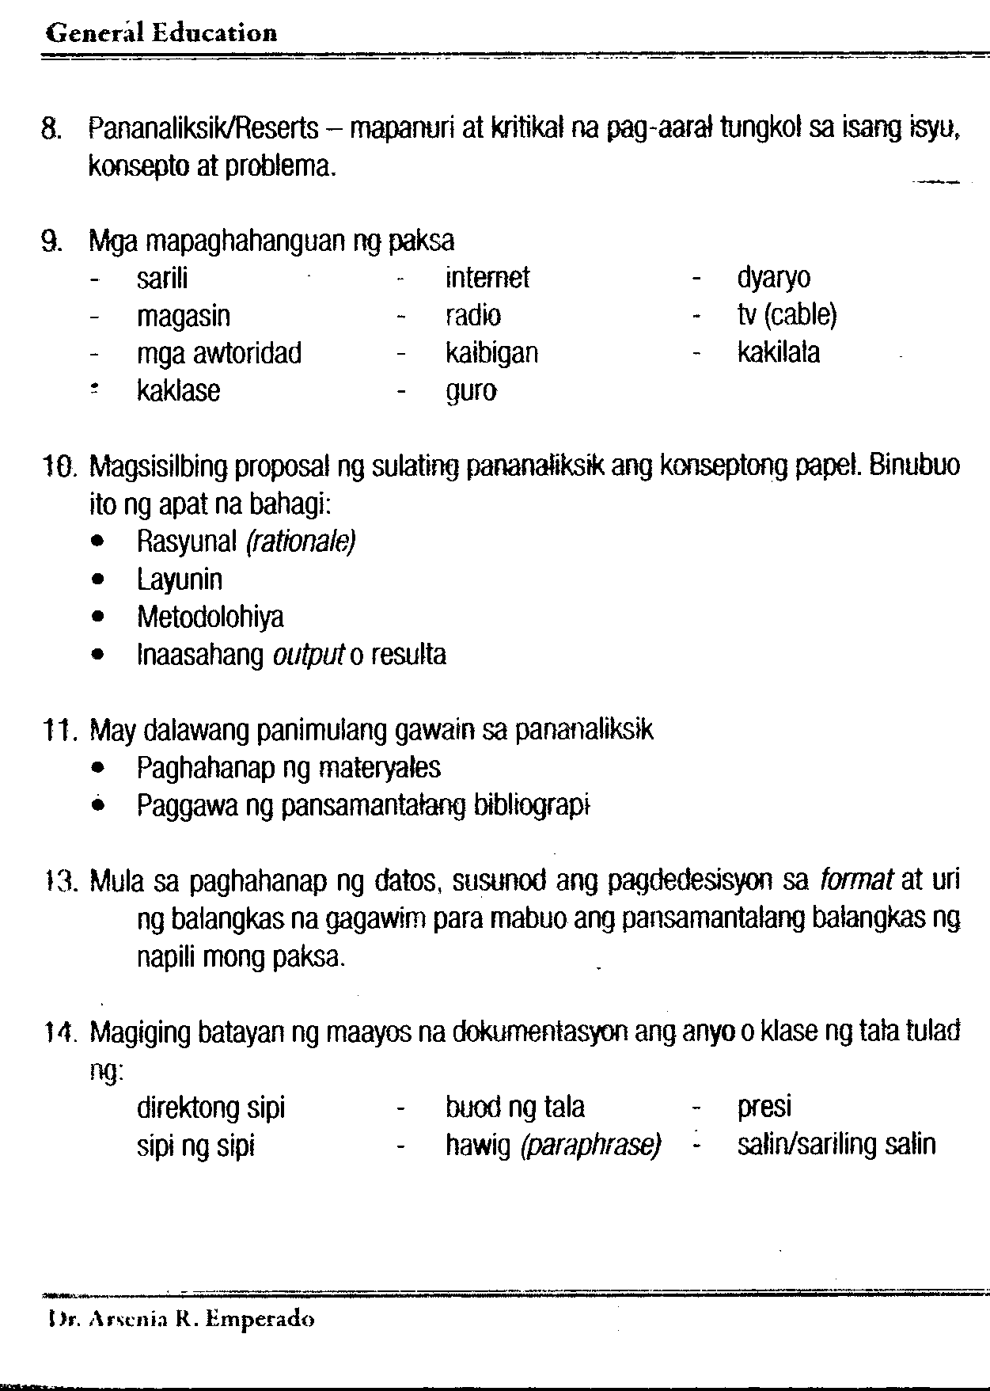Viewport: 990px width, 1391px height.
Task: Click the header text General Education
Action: (162, 33)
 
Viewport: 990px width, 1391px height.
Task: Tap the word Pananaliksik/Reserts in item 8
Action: (203, 127)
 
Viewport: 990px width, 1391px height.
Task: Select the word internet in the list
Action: (487, 278)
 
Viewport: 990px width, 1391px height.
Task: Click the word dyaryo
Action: (773, 278)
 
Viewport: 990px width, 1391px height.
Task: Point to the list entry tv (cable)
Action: (787, 316)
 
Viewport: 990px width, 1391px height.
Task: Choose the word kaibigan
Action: (491, 353)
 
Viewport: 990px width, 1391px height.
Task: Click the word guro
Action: (471, 391)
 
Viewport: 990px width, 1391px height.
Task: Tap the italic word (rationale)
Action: (301, 542)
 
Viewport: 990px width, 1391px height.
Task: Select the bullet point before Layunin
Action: (97, 580)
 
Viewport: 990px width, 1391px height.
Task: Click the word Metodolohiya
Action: (210, 617)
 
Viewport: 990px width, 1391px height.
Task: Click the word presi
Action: (764, 1107)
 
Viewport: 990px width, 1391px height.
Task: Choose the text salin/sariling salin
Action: (836, 1145)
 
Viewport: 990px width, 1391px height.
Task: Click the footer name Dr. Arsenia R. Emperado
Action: (180, 1320)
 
